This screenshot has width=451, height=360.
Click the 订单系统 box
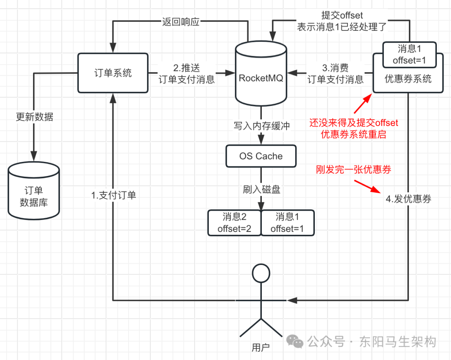tap(113, 73)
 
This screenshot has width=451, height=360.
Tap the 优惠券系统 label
tap(408, 79)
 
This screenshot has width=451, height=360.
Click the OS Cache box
tap(261, 156)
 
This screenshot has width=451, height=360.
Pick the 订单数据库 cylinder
tap(34, 192)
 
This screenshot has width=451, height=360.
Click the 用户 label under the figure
tap(261, 347)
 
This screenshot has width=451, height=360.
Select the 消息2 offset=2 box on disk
tap(234, 223)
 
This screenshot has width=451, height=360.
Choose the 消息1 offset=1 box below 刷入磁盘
tap(288, 223)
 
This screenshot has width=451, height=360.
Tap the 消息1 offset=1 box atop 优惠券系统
tap(410, 55)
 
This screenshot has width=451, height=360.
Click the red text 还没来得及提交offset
tap(354, 123)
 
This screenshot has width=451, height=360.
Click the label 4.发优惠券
tap(408, 199)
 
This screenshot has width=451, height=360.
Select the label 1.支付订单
tap(114, 195)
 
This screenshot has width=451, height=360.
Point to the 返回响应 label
tap(180, 22)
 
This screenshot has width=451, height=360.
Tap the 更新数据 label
tap(35, 117)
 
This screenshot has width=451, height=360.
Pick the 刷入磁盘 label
tap(261, 189)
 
